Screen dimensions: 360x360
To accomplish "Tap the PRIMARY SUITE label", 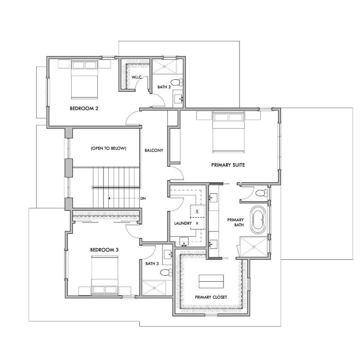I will point(228,165).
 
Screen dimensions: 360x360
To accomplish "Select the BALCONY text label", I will point(154,150).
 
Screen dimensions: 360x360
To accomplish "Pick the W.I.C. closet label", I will point(137,77).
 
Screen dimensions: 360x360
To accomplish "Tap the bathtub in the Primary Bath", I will point(257,219).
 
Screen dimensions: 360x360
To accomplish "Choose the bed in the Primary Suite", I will point(228,133).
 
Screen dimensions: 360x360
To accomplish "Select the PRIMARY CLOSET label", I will point(210,297).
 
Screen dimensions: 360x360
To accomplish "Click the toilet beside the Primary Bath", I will point(262,193).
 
